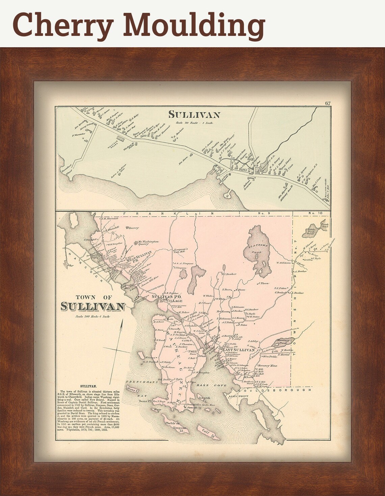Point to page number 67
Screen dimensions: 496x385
(327, 103)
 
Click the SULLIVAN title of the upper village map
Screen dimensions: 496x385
(194, 115)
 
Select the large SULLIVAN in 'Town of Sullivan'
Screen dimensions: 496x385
(93, 306)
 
